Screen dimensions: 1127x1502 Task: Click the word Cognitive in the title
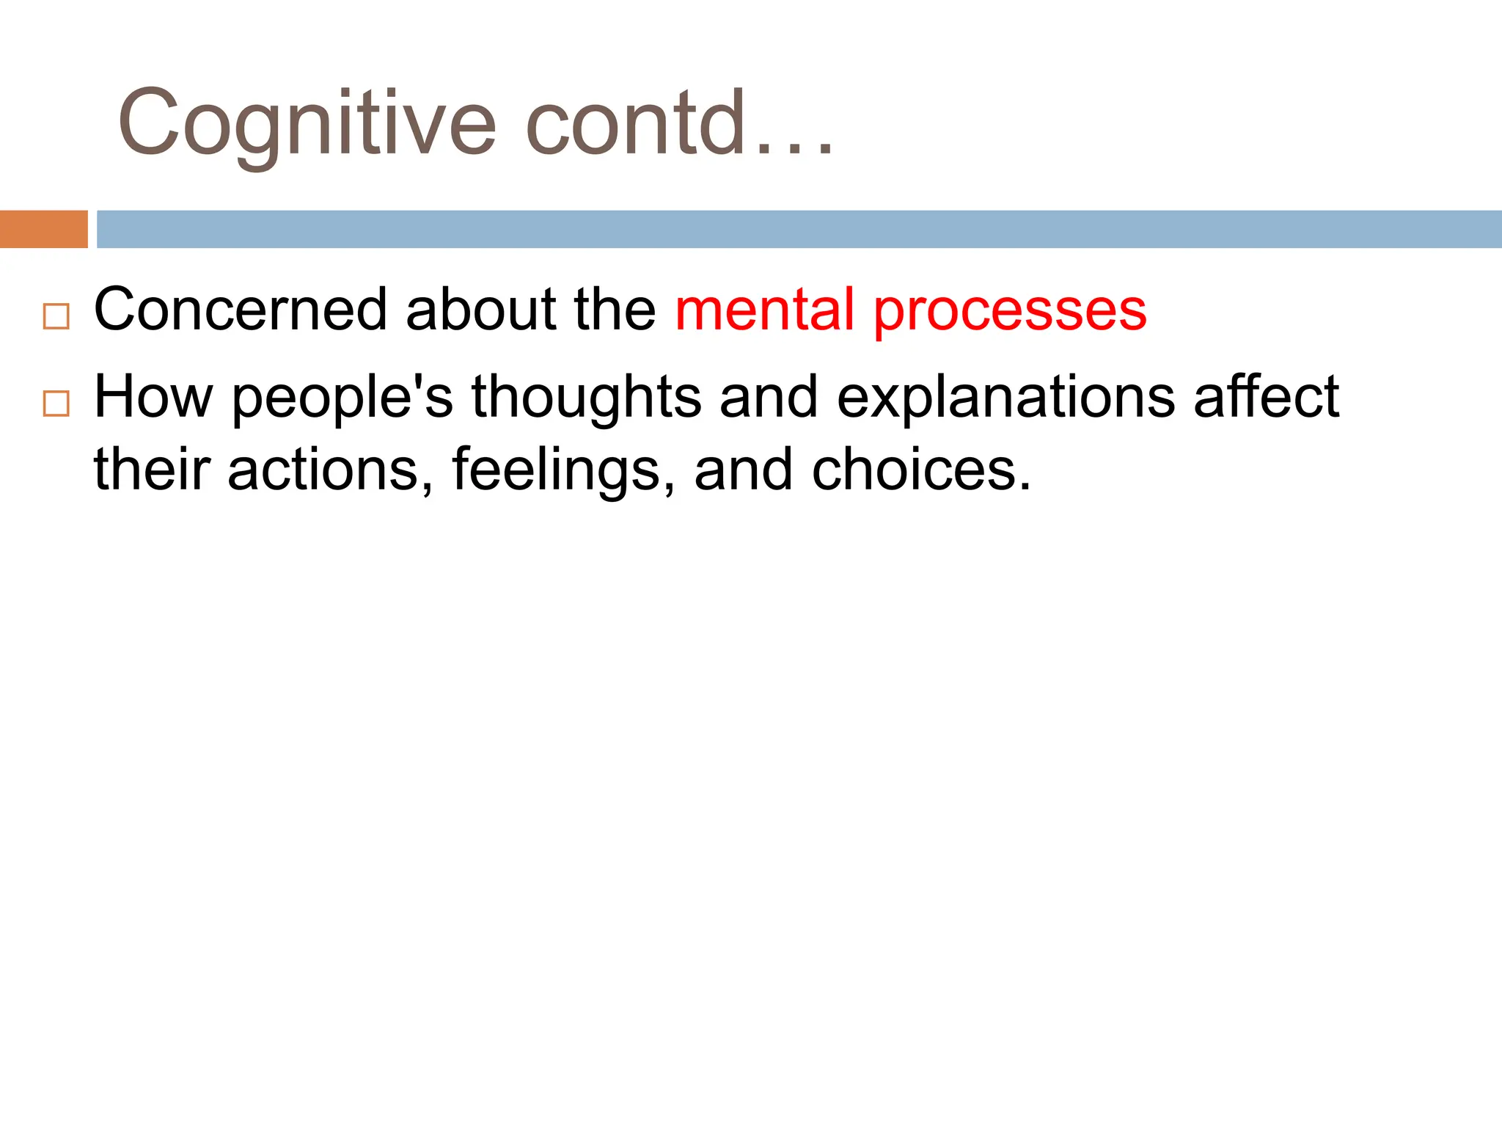(x=307, y=123)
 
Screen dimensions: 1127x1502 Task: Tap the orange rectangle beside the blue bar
(x=43, y=229)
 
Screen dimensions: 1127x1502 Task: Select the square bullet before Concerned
(x=56, y=316)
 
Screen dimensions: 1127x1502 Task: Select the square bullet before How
(x=56, y=404)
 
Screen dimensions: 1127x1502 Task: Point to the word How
(x=153, y=397)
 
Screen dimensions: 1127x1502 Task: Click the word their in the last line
(x=152, y=470)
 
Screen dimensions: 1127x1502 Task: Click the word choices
(x=920, y=470)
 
